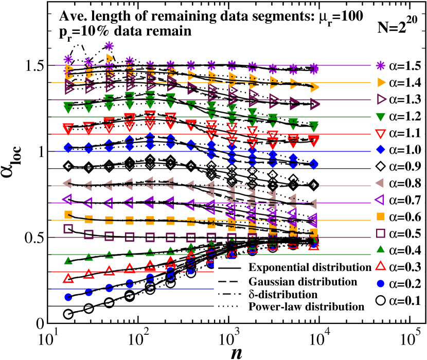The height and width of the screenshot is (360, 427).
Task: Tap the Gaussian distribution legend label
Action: [303, 281]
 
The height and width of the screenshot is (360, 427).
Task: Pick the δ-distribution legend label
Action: [282, 294]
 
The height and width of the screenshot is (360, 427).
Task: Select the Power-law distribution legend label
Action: [306, 307]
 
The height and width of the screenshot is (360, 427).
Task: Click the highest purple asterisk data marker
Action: [109, 46]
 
